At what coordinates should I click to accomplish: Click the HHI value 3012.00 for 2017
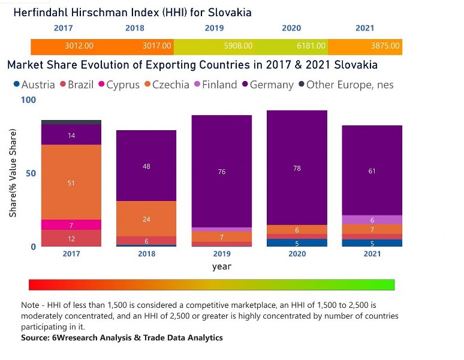pyautogui.click(x=79, y=46)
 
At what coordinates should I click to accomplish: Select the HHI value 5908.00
pyautogui.click(x=238, y=46)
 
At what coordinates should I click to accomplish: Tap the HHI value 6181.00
pyautogui.click(x=312, y=46)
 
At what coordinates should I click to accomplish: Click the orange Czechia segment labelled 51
pyautogui.click(x=71, y=182)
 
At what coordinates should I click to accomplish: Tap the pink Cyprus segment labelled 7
pyautogui.click(x=71, y=225)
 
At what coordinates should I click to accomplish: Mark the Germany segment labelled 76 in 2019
pyautogui.click(x=222, y=172)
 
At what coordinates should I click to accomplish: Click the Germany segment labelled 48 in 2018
pyautogui.click(x=146, y=166)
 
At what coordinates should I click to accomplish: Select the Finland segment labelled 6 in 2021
pyautogui.click(x=372, y=220)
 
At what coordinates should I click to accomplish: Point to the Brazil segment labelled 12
pyautogui.click(x=71, y=239)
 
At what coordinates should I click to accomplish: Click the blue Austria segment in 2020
pyautogui.click(x=297, y=243)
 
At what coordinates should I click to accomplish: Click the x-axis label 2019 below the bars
pyautogui.click(x=222, y=254)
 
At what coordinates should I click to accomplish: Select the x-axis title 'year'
pyautogui.click(x=222, y=266)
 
